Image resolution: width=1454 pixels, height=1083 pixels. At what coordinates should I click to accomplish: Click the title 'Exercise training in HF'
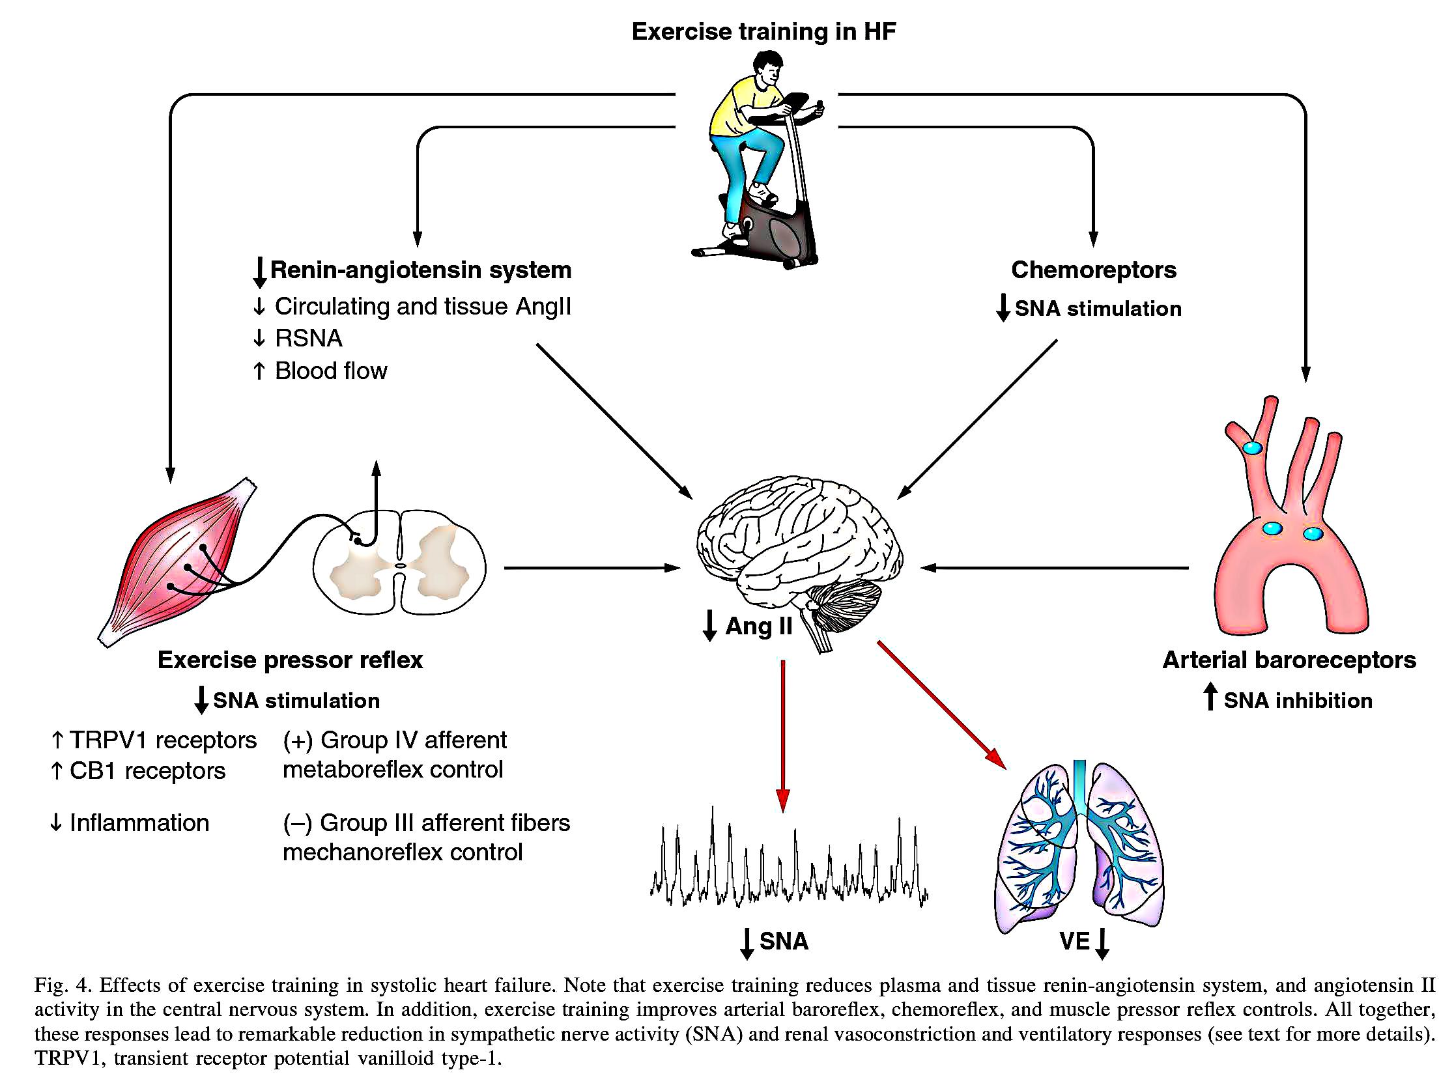(763, 31)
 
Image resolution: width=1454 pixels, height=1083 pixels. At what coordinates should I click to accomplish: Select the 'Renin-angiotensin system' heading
(420, 270)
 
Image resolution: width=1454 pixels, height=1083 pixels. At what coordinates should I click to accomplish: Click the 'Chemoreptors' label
(1093, 270)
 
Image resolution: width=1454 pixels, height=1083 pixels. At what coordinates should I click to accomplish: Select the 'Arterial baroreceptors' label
(1289, 660)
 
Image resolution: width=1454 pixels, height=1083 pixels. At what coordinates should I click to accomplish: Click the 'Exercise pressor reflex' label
(290, 660)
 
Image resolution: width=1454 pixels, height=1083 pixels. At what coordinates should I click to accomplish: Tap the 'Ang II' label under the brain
(758, 626)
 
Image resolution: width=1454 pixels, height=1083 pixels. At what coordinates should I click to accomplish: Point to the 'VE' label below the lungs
(1074, 942)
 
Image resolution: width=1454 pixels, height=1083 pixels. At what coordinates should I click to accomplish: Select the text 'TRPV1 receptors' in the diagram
(163, 740)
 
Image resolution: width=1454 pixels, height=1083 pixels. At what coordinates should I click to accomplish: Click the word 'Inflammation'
(139, 823)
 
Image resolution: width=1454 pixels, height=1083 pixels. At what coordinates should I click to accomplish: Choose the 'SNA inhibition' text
(1297, 701)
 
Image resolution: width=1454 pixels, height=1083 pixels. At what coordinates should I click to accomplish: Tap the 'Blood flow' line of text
(330, 371)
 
